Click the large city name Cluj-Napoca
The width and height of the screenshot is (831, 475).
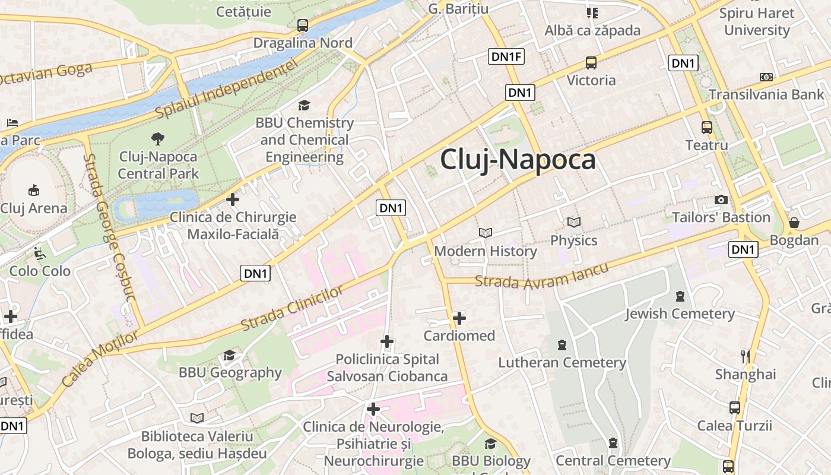(x=518, y=159)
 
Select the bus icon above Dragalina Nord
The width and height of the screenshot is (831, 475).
(x=303, y=26)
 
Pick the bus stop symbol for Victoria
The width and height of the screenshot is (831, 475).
(x=591, y=63)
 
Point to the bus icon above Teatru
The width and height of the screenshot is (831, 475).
(x=706, y=127)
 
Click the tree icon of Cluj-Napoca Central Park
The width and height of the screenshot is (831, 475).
(x=158, y=139)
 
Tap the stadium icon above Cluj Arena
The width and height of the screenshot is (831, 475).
(x=34, y=191)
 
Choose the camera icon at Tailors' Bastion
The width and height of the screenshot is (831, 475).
(x=721, y=199)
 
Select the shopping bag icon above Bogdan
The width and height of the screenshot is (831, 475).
(x=794, y=223)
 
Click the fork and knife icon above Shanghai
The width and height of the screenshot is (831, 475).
(x=746, y=356)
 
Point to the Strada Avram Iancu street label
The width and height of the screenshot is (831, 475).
(x=542, y=277)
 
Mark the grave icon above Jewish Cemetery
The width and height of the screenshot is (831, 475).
(x=680, y=296)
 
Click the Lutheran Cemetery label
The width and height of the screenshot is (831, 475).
(x=562, y=362)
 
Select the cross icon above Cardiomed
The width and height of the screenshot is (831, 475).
(x=459, y=318)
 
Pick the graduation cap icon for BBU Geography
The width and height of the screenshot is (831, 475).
(x=229, y=355)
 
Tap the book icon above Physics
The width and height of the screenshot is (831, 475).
(x=573, y=222)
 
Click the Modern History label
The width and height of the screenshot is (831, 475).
(x=486, y=251)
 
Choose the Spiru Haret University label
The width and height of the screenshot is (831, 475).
(x=756, y=21)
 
